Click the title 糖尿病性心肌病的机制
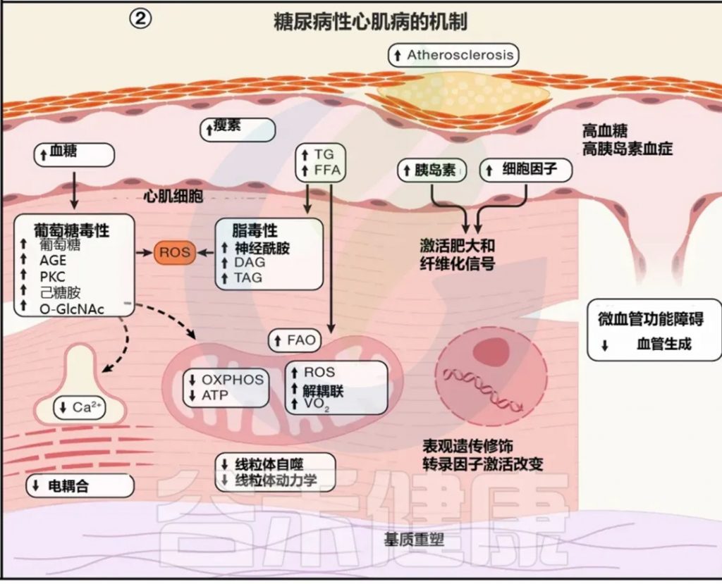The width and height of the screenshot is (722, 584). pos(370,22)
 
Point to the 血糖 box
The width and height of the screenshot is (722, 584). pos(73,154)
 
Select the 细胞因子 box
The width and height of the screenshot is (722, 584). pos(525,170)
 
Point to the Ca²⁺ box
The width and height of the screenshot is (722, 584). pos(80,408)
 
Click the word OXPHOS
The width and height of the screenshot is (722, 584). pos(232,380)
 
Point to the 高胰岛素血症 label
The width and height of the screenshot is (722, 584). pos(628,149)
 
